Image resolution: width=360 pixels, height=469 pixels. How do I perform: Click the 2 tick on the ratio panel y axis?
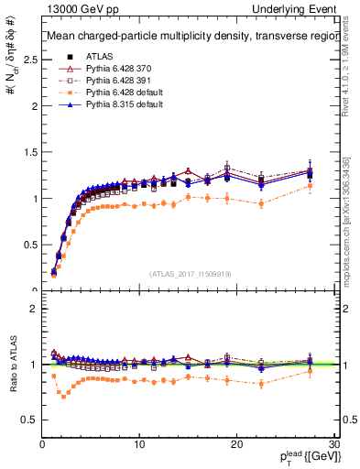(x=32, y=309)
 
